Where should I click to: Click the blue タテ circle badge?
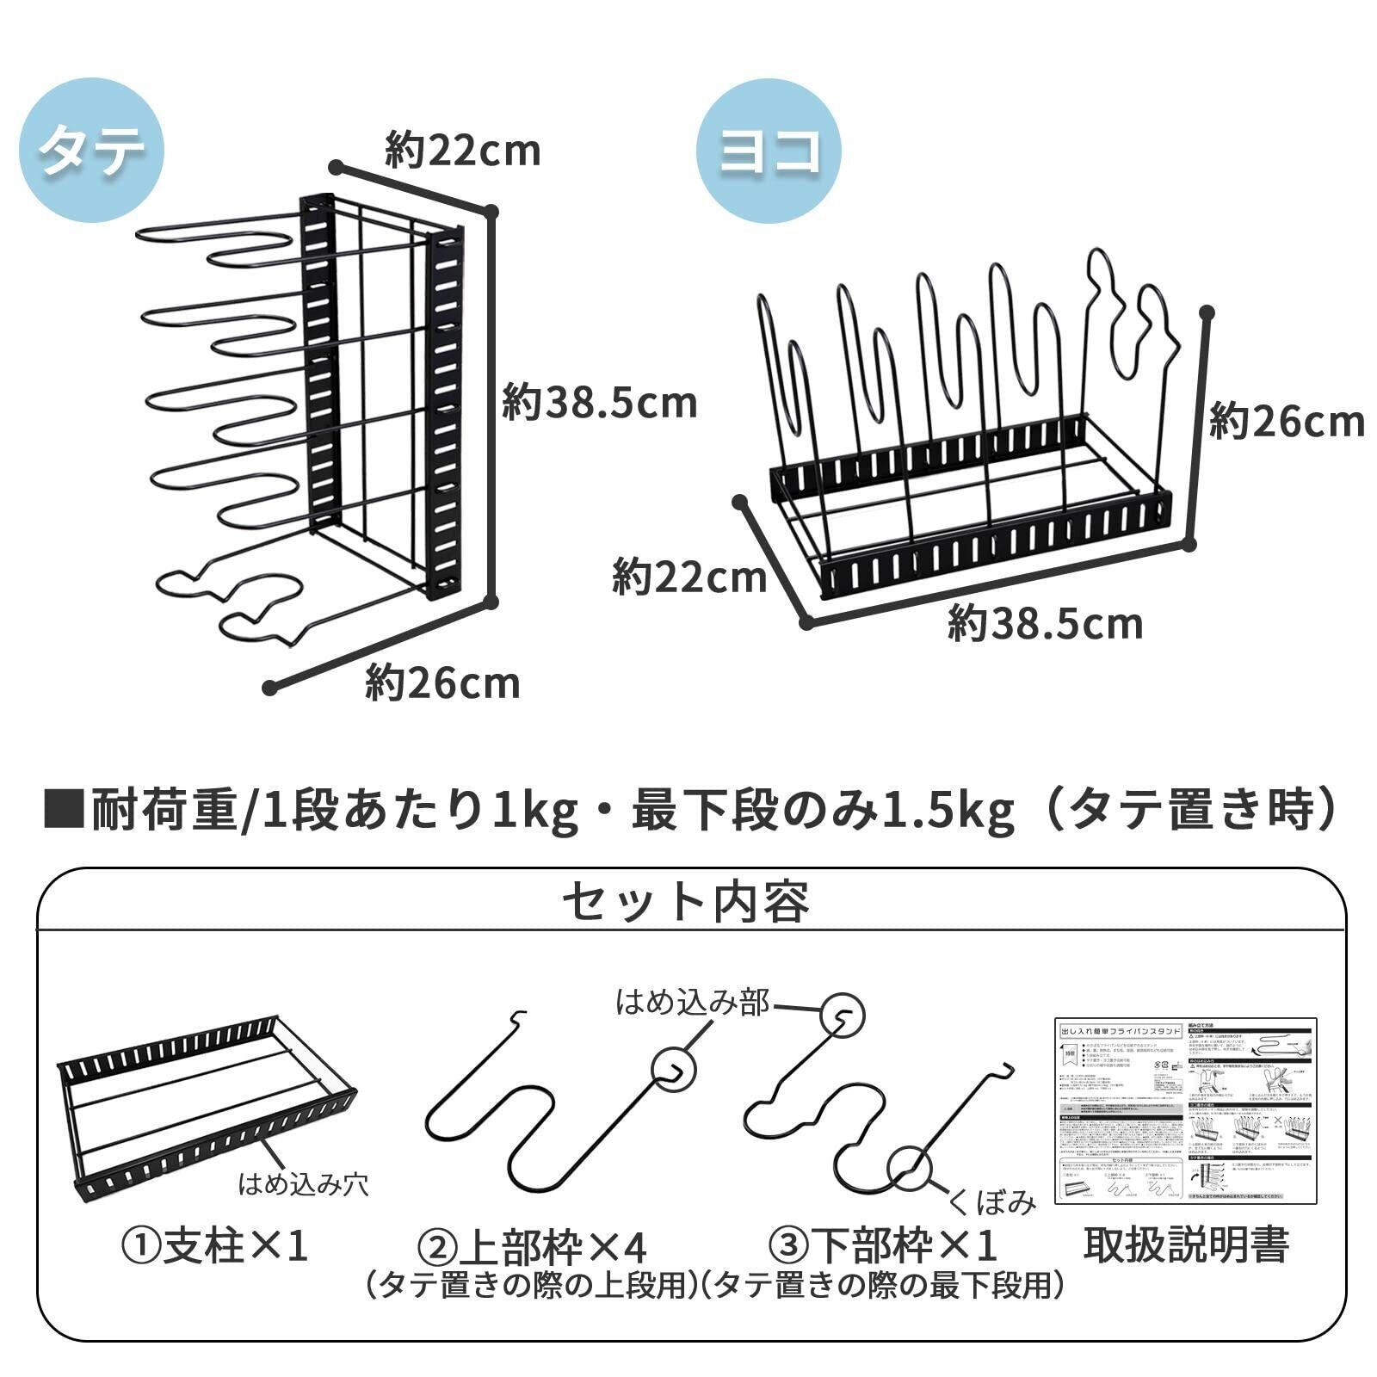coord(91,151)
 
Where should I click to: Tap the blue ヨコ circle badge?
coord(768,151)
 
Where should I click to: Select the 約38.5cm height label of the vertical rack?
coord(600,404)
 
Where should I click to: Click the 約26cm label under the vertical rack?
coord(442,683)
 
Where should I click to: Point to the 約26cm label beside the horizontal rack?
coord(1287,423)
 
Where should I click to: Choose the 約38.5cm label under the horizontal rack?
coord(1045,623)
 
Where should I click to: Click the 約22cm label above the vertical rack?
coord(463,151)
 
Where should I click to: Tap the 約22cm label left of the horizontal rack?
coord(689,577)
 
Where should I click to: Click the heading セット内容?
coord(686,902)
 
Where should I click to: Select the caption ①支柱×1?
coord(213,1245)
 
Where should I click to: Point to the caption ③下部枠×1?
coord(883,1245)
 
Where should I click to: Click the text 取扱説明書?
coord(1185,1244)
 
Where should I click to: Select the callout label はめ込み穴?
coord(303,1184)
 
